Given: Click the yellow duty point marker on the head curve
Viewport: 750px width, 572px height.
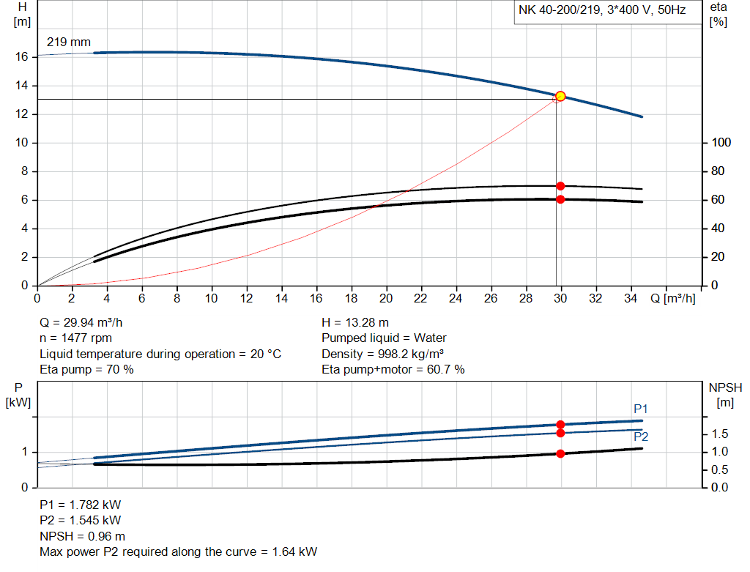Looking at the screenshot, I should point(560,96).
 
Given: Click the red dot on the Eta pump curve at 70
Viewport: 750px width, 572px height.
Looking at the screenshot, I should point(560,186).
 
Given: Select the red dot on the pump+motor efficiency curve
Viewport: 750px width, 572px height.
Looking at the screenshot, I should point(560,199).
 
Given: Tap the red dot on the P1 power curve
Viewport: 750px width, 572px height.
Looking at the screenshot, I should point(560,425).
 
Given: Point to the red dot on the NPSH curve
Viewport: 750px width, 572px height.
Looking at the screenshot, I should point(560,453).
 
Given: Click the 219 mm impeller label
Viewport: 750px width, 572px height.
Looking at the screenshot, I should point(69,42).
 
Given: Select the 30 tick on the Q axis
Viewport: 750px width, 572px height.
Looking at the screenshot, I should point(560,299).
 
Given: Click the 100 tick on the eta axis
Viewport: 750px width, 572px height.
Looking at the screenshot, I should point(720,143).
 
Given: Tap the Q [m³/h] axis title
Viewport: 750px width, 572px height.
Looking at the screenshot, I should point(672,299).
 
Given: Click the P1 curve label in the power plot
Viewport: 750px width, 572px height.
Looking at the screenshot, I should point(641,409).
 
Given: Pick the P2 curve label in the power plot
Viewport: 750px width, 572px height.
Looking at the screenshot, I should point(641,437).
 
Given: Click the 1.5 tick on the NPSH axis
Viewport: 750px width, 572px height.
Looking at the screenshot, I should point(719,434).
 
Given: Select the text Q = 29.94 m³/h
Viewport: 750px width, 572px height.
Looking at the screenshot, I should point(86,322).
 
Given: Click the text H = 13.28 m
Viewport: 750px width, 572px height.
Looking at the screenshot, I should point(355,322).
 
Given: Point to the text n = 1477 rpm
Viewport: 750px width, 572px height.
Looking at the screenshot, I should point(75,338).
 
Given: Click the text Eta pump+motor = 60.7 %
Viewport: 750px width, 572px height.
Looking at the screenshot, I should point(393,369).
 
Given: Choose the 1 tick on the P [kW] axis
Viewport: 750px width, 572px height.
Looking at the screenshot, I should point(25,452).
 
